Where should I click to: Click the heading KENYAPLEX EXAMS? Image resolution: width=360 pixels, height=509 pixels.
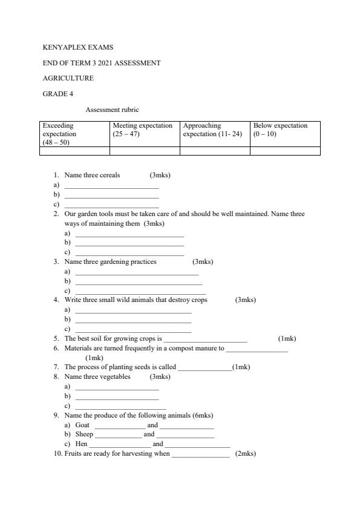coord(77,47)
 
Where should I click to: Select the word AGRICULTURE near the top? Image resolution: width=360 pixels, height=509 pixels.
coord(68,78)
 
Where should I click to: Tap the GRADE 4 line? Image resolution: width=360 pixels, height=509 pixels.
coord(58,94)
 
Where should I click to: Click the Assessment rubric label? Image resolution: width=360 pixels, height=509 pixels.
coord(112,110)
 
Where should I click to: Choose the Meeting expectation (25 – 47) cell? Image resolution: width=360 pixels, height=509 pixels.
coord(144,130)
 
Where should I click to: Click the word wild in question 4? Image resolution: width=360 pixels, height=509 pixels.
coord(126,300)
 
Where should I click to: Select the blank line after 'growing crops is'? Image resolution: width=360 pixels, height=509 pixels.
coord(205,340)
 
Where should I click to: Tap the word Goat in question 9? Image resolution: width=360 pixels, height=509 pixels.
coord(82,425)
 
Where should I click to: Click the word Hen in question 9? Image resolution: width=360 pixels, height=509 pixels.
coord(81,444)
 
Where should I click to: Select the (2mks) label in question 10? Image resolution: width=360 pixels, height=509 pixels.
coord(246,454)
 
